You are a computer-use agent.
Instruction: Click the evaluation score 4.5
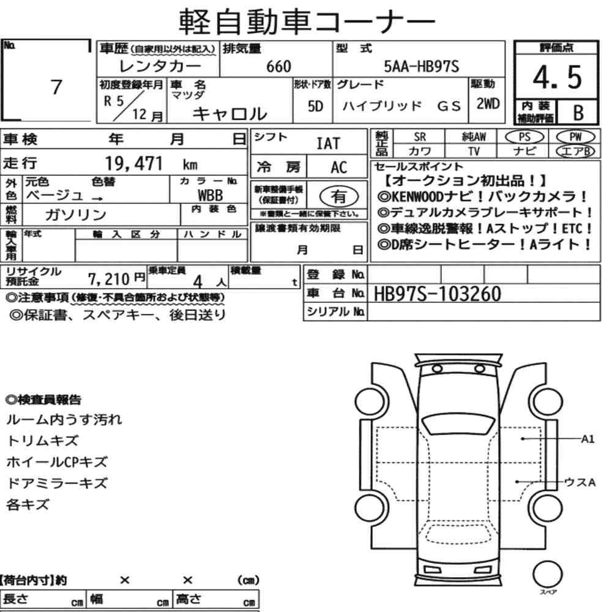(x=557, y=77)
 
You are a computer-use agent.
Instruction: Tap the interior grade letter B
(x=578, y=113)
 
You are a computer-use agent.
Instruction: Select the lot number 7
(x=56, y=87)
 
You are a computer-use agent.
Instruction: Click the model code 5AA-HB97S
(x=422, y=66)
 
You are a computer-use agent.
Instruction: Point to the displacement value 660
(x=278, y=66)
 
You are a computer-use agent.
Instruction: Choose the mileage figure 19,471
(x=134, y=163)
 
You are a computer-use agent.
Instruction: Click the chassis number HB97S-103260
(x=437, y=294)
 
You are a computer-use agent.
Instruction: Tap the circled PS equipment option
(x=524, y=137)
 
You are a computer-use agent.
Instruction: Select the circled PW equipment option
(x=575, y=136)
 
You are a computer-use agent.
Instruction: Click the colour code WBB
(x=210, y=195)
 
